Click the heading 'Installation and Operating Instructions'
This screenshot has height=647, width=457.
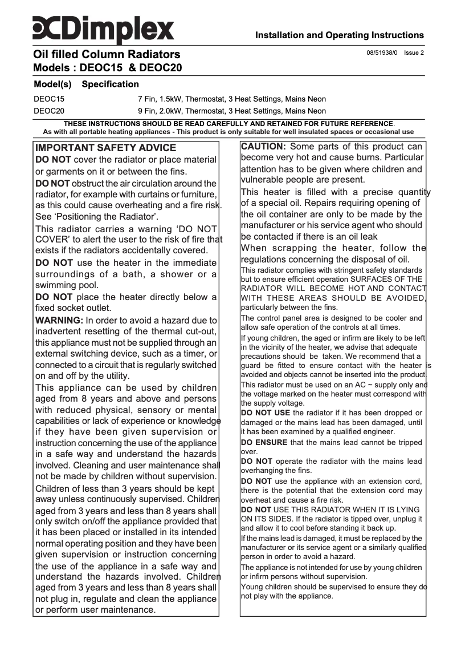coord(339,35)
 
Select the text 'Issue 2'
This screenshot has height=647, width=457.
coord(414,53)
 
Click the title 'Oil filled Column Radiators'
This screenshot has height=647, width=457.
coord(107,55)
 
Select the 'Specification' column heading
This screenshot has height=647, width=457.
coord(111,84)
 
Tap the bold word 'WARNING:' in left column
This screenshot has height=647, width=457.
coord(59,321)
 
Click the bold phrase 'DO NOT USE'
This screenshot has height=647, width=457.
coord(266,413)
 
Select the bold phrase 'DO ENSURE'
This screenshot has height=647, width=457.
coord(264,442)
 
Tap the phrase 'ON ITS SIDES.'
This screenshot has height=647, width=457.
coord(266,519)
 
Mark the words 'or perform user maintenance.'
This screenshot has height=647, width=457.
coord(95,610)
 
